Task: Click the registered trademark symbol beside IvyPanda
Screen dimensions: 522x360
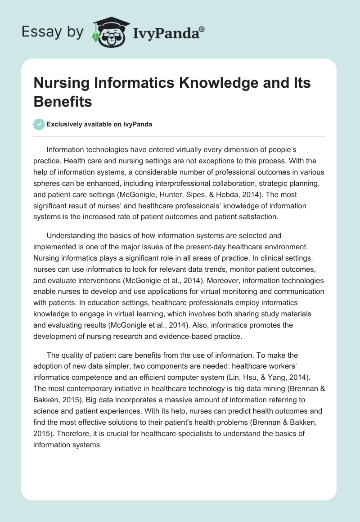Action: (x=202, y=29)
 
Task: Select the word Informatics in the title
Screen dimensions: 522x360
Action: (x=130, y=84)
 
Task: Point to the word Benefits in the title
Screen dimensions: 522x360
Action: (x=63, y=102)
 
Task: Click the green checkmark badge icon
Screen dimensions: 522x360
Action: (x=39, y=125)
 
